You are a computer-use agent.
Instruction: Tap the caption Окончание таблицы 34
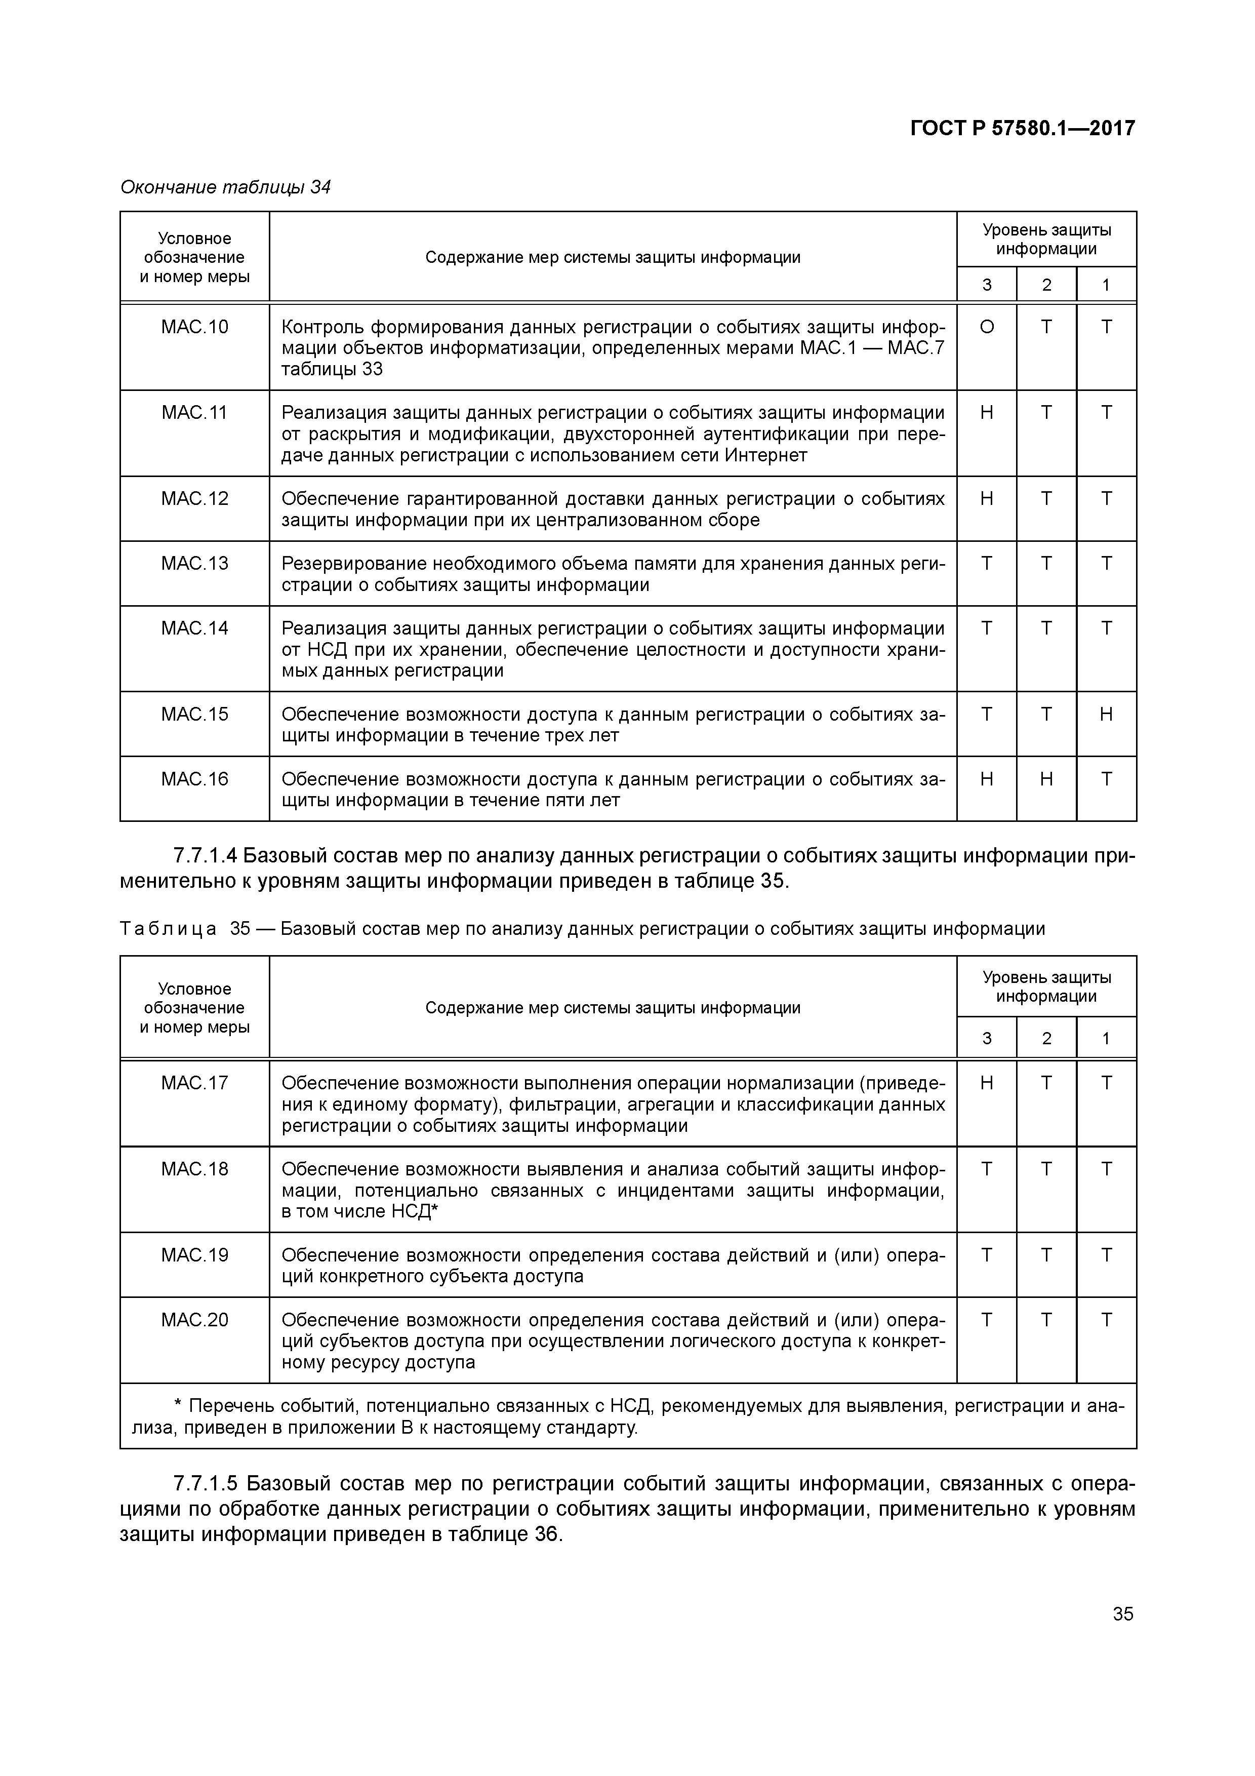pyautogui.click(x=225, y=187)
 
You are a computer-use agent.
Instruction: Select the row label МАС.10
pyautogui.click(x=195, y=327)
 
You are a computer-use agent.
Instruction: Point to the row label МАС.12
pyautogui.click(x=195, y=499)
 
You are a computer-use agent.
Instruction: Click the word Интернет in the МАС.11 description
pyautogui.click(x=765, y=456)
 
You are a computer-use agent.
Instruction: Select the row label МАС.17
pyautogui.click(x=195, y=1083)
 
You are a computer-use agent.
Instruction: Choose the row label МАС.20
pyautogui.click(x=195, y=1320)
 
